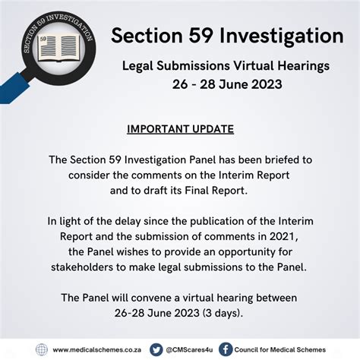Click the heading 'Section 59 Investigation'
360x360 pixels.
click(226, 36)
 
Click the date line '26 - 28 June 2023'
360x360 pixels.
click(226, 84)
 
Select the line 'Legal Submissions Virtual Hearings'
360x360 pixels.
click(226, 66)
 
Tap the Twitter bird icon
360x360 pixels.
click(156, 349)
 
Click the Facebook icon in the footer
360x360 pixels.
click(226, 349)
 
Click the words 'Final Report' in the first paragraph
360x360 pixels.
click(221, 190)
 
